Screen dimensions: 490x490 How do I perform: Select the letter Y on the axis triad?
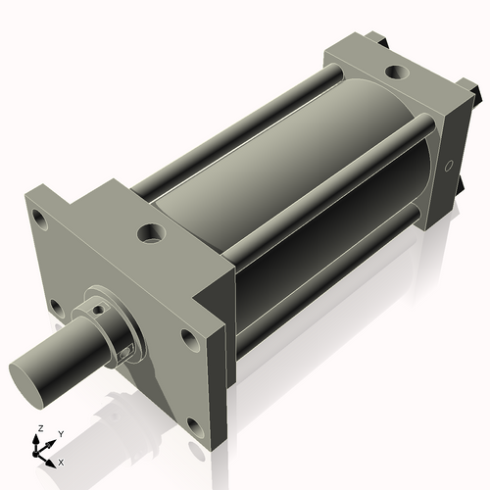click(60, 433)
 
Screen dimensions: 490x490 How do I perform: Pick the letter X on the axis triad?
click(62, 461)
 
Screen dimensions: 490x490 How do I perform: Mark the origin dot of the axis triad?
click(40, 453)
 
